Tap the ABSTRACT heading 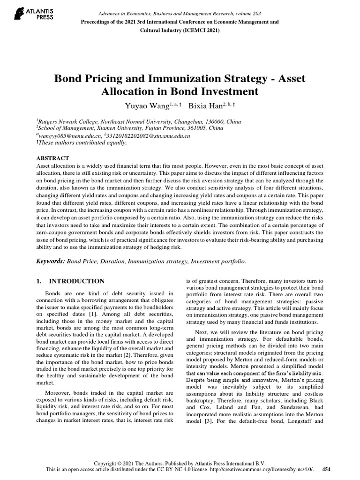coord(52,158)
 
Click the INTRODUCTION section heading coord(77,281)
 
